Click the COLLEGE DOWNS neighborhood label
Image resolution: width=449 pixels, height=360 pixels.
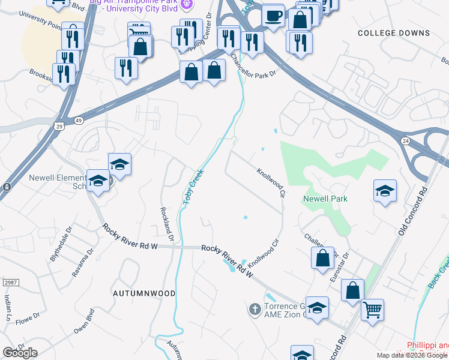tap(394, 34)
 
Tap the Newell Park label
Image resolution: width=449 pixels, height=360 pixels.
tap(325, 199)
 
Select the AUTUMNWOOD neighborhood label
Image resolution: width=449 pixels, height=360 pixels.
tap(144, 293)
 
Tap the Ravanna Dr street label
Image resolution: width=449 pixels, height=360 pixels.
tap(86, 259)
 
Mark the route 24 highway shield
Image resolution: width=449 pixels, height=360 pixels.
tap(405, 140)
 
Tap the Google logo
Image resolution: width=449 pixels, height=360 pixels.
tap(20, 353)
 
